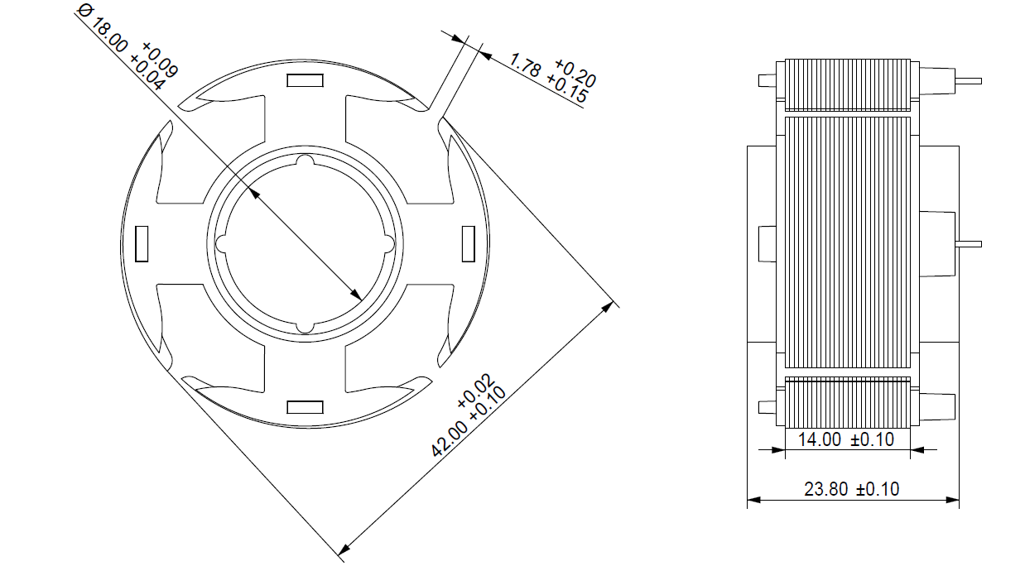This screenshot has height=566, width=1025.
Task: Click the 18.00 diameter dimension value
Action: (109, 36)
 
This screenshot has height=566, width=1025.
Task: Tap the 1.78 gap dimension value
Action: (525, 65)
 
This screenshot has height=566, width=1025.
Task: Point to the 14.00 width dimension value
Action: (820, 440)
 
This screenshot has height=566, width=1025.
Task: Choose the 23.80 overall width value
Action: (826, 489)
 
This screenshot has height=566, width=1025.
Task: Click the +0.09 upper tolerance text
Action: (160, 60)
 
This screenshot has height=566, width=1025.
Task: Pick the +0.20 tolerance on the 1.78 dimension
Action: (575, 73)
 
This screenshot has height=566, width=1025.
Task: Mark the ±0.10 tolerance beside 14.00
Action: (872, 440)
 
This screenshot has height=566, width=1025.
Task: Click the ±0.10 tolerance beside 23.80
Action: (878, 489)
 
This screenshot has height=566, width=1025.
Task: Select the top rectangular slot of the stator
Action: (305, 80)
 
